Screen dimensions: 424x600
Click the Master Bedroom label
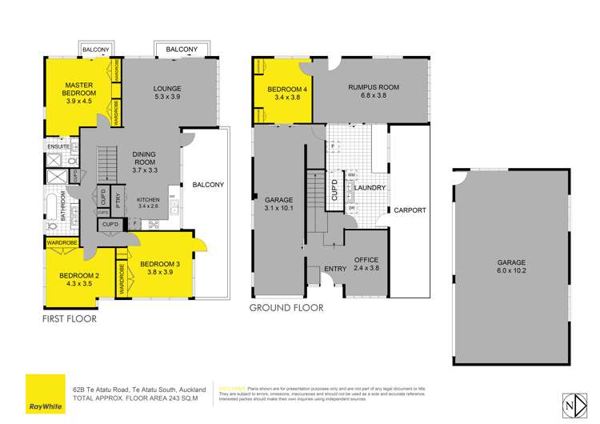[x=80, y=93]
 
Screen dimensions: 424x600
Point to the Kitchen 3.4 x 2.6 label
[x=149, y=203]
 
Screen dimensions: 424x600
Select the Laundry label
[x=371, y=188]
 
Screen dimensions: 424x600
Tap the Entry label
[x=335, y=269]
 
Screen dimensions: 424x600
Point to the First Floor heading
[x=69, y=318]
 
